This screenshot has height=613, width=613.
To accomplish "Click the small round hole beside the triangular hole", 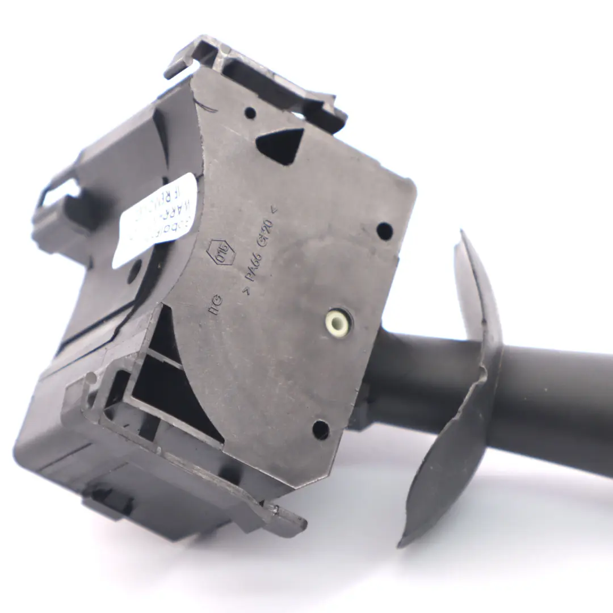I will click(250, 112).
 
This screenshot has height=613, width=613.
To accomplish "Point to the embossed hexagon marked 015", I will click(217, 252).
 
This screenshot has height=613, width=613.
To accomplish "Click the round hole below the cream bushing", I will click(321, 430).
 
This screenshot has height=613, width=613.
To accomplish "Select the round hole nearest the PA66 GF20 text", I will click(384, 231).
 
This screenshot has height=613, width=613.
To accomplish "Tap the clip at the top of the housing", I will click(255, 79).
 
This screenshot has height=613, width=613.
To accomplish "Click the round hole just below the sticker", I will click(135, 271).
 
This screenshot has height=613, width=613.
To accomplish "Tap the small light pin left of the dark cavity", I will click(91, 376).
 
